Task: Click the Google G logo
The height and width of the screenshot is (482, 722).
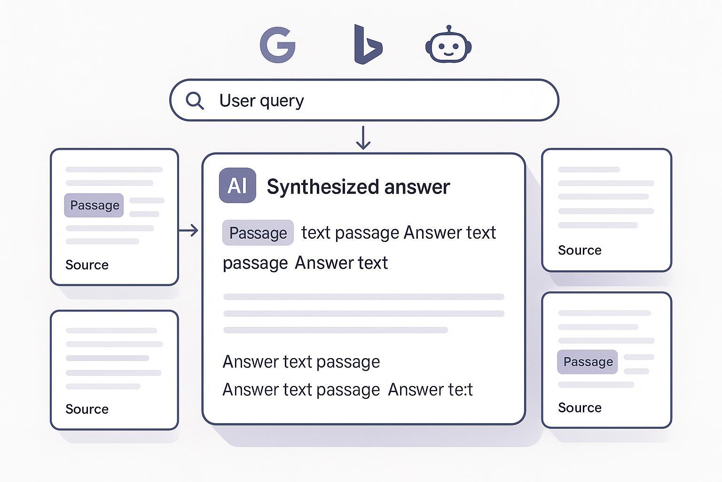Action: pos(277,45)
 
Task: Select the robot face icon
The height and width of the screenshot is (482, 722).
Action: pos(448,46)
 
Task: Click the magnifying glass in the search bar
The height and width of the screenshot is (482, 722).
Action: pos(194,100)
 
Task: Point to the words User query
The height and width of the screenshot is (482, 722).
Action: pos(261,101)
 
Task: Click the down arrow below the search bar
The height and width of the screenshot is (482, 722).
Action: pos(363,137)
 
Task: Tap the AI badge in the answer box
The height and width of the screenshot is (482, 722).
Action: pos(237,185)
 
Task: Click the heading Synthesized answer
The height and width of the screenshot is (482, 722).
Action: pos(358,187)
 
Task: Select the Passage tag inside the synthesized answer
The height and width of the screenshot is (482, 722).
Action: pos(258,233)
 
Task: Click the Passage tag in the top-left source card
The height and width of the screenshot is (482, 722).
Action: pos(94,205)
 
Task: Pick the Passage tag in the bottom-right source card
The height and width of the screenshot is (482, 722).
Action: pos(588,362)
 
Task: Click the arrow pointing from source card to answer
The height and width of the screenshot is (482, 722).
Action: pos(189,230)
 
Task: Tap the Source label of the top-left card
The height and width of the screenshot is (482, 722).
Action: pos(87,265)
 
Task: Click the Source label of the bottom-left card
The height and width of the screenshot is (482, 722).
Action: pos(87,409)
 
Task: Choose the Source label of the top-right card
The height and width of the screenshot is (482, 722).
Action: pos(580,250)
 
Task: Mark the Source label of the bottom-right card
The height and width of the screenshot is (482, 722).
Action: pos(580,408)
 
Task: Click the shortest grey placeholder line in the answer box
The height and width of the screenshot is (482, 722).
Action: pos(335,330)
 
